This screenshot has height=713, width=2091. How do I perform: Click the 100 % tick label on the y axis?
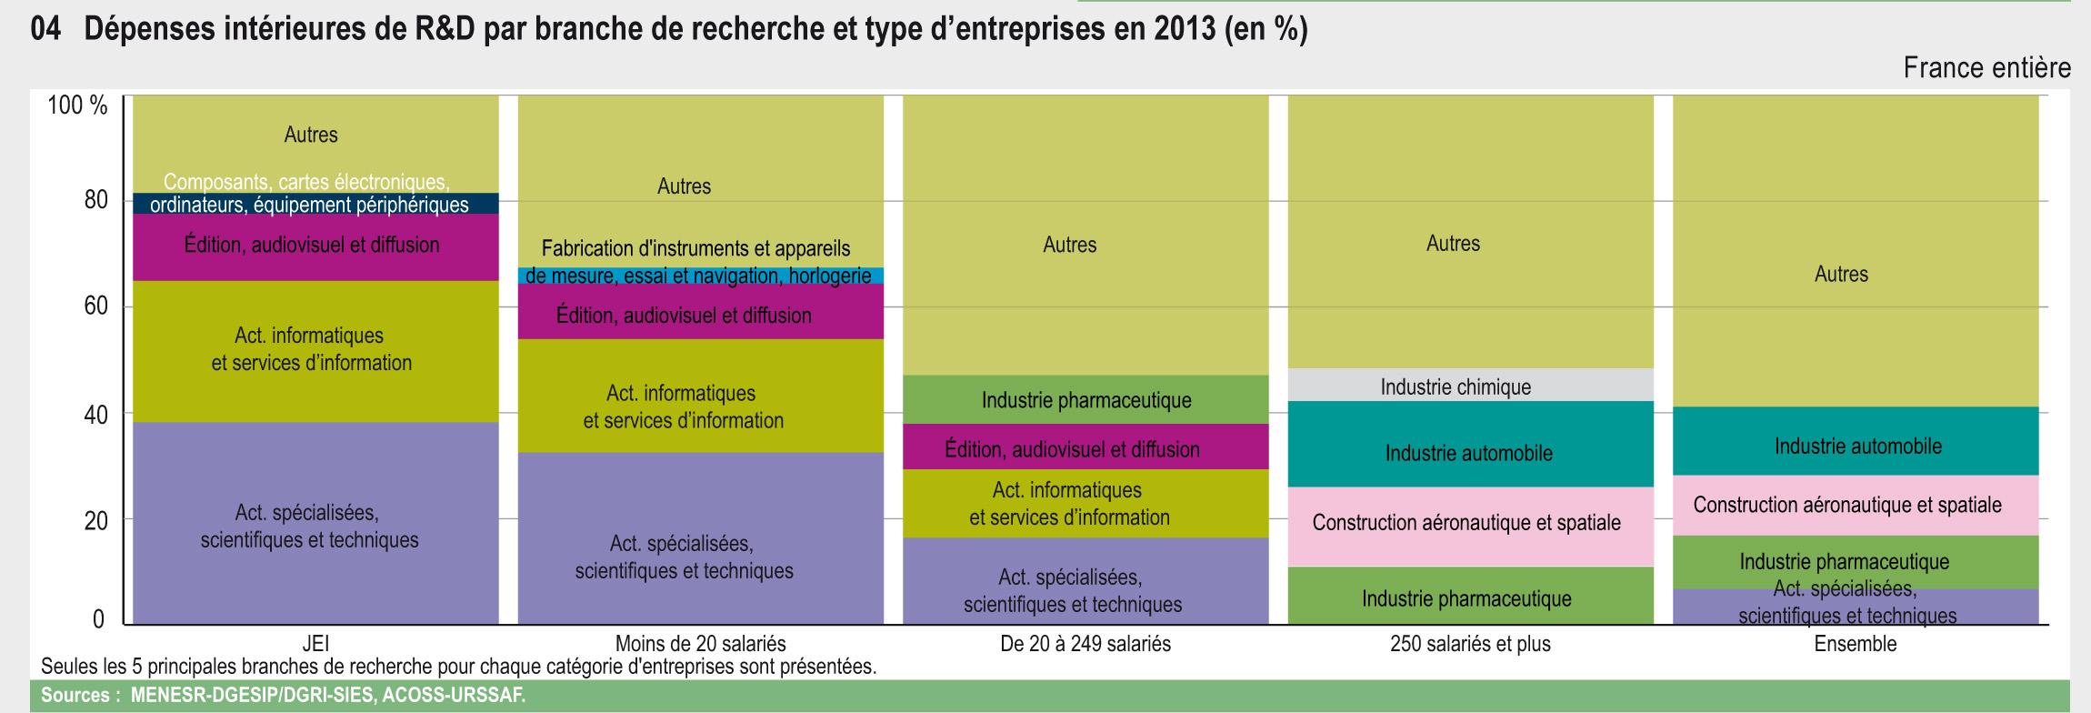77,106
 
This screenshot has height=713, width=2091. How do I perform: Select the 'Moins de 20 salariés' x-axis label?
700,644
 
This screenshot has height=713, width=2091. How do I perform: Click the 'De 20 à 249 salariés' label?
1086,644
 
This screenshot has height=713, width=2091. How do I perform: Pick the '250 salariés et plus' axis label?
1470,644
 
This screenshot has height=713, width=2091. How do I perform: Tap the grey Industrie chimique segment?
1470,385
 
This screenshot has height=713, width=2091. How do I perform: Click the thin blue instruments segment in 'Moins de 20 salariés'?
700,276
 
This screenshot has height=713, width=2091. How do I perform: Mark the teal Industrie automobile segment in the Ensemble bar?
1856,442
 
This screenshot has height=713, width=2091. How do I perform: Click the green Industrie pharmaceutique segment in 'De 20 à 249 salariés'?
1086,399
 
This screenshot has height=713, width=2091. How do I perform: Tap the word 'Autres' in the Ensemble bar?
1841,275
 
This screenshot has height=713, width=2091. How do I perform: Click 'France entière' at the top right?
1986,69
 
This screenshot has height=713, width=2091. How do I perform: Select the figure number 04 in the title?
45,31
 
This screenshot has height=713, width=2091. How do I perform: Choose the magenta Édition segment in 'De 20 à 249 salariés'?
1086,447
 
